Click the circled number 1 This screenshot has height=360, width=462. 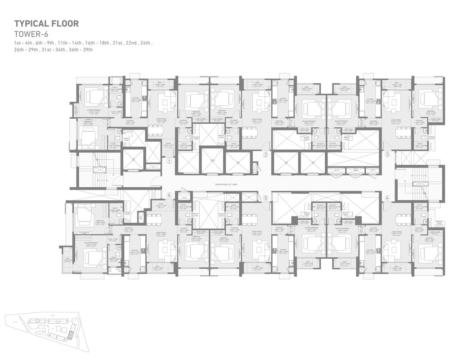[169, 161]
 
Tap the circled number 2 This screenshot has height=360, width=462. [266, 155]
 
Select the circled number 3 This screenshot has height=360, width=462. [387, 155]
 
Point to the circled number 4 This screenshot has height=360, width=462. [387, 197]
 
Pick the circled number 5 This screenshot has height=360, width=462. [266, 197]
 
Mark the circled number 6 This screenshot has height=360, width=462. [169, 195]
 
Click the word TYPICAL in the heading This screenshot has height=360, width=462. [32, 23]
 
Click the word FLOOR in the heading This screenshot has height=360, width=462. [66, 23]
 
